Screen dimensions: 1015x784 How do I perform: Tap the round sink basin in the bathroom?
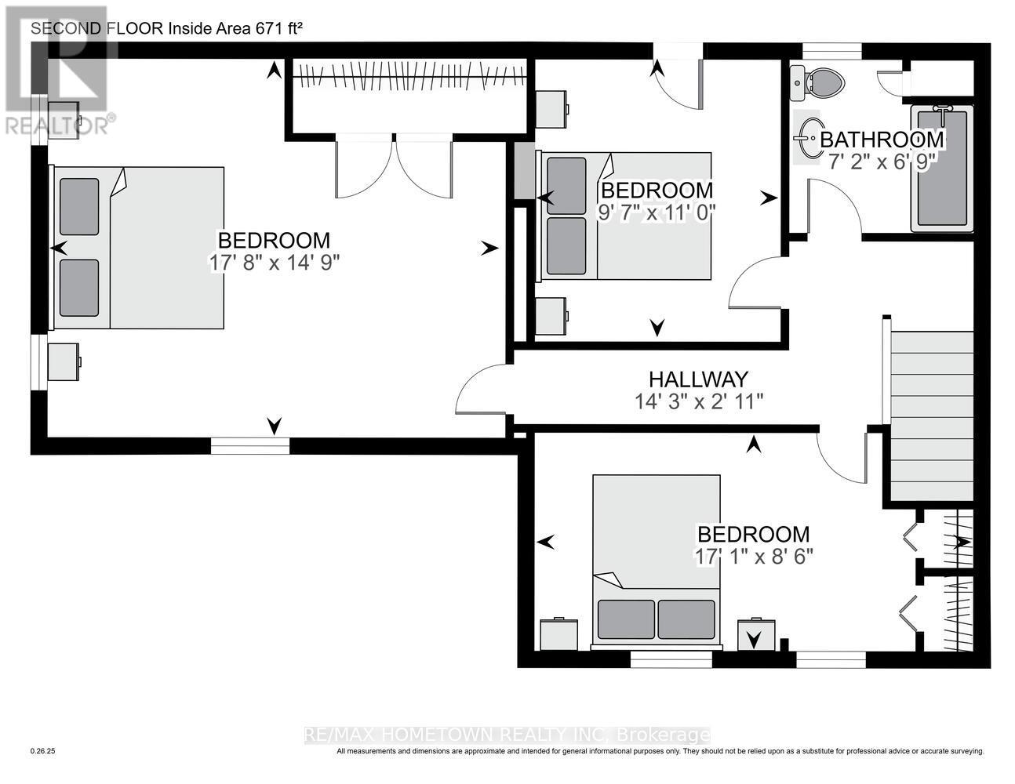click(808, 138)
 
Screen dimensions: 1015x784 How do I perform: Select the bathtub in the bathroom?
click(942, 168)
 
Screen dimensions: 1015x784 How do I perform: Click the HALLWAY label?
click(699, 379)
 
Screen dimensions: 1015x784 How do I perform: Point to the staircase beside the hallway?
click(932, 416)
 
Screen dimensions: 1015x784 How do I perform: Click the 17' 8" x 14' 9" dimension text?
click(274, 263)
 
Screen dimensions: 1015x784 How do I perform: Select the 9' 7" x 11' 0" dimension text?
click(657, 212)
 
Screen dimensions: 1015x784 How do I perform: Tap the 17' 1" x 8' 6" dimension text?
click(754, 557)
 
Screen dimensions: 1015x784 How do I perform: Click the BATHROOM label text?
click(882, 140)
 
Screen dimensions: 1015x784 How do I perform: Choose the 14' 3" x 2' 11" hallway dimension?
click(699, 401)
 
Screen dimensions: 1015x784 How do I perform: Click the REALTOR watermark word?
click(57, 126)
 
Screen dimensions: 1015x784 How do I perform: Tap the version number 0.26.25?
click(42, 764)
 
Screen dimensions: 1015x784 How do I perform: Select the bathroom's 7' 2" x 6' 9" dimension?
click(882, 162)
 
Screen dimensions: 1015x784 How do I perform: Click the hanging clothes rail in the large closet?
click(410, 74)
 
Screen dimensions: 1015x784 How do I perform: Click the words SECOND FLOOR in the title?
click(97, 28)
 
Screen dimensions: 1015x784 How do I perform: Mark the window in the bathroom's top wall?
click(832, 50)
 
